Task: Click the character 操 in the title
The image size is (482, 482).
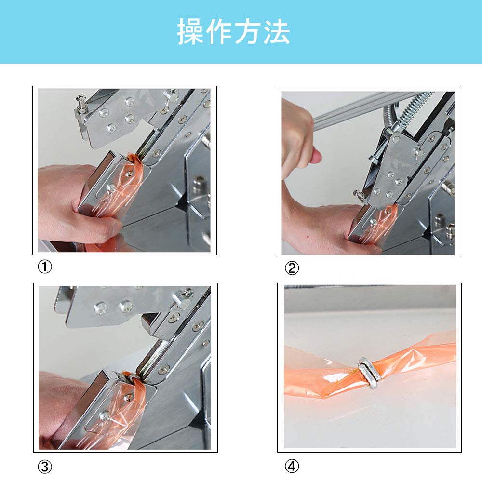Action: (190, 32)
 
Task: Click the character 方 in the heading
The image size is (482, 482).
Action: (248, 32)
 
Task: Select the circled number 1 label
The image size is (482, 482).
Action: (45, 267)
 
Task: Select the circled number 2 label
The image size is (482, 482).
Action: (292, 268)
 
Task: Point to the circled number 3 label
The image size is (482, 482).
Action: (45, 467)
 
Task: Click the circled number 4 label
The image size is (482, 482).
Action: (292, 466)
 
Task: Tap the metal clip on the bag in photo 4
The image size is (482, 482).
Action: (370, 373)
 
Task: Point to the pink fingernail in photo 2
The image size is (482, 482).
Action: (316, 156)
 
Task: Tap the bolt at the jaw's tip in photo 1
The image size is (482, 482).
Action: (81, 105)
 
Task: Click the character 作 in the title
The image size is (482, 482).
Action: (219, 32)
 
